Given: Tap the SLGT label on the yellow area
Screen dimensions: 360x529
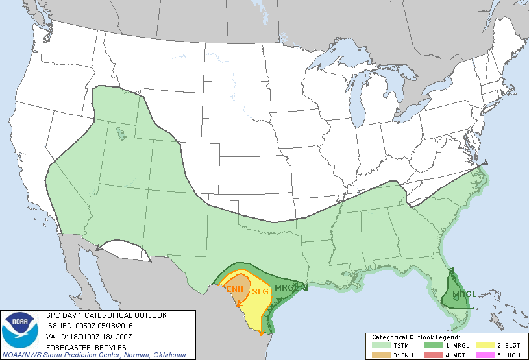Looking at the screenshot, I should (261, 293).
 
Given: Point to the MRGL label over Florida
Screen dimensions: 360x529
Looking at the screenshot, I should (463, 295).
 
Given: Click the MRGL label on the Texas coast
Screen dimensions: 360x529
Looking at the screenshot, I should (286, 287).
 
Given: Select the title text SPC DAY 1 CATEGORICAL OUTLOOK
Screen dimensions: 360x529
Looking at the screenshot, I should (106, 315).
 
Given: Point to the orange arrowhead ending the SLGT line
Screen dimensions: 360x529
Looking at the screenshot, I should (261, 333).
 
